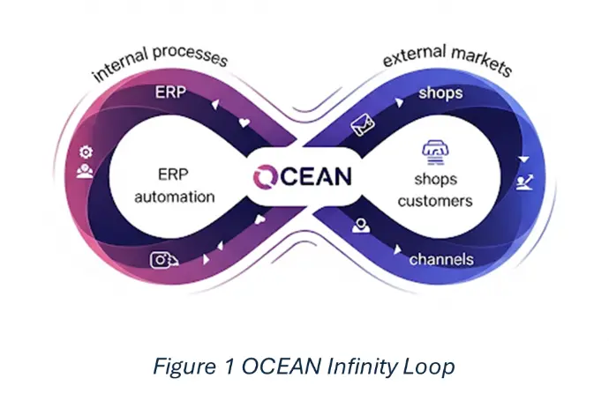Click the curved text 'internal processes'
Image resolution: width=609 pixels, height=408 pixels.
coord(160,62)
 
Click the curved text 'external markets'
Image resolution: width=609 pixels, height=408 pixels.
coord(447,59)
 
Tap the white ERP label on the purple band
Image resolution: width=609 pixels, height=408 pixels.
coord(170,93)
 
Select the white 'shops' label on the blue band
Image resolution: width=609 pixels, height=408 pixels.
coord(440,93)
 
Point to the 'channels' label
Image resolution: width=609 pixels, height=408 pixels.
coord(441,259)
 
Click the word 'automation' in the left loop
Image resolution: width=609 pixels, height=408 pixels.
coord(175,197)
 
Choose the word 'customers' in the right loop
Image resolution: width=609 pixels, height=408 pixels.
coord(435,201)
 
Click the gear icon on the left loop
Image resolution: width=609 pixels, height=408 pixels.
coord(86,152)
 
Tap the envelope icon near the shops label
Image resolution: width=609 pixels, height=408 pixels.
coord(363,124)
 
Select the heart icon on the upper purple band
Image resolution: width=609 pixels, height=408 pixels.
coord(244,123)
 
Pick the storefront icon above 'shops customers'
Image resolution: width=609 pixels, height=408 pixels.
coord(433,152)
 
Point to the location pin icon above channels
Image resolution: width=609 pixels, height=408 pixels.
coord(361,226)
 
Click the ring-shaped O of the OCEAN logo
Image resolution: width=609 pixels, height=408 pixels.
coord(265,176)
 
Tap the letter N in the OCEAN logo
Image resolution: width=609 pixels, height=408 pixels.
coord(341,176)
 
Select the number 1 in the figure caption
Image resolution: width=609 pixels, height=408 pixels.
coord(229,366)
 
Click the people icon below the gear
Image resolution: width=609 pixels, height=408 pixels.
coord(85,171)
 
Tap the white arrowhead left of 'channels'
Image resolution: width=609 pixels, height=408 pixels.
coord(397,249)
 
